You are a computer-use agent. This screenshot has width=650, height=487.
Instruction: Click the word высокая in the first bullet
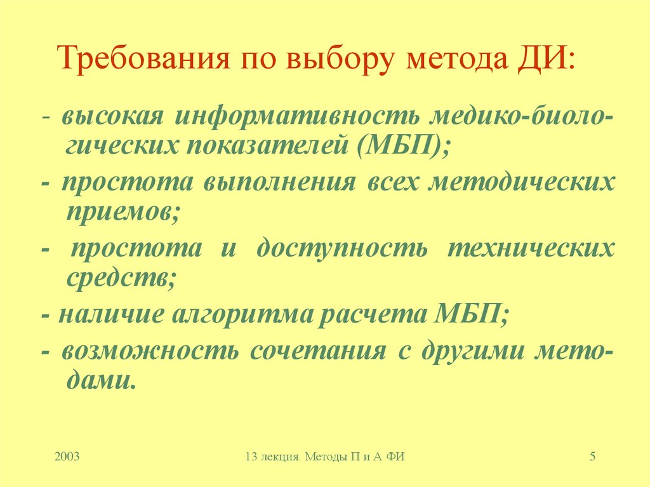(114, 116)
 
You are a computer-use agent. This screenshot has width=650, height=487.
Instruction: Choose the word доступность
(342, 248)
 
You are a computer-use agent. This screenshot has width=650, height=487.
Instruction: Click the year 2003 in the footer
(67, 456)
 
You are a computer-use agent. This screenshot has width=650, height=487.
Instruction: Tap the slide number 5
(592, 456)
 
